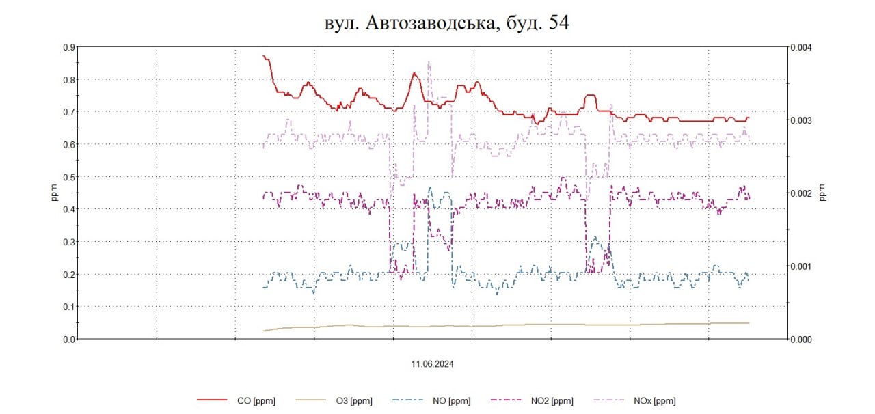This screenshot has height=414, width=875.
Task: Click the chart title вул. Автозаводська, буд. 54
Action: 446,23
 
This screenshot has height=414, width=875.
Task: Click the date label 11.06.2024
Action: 433,364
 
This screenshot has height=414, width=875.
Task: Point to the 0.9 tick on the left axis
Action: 69,47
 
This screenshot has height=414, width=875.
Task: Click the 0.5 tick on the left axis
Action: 69,177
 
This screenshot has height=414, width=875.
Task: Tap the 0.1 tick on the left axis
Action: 69,307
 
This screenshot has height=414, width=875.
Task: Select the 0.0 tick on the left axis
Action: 69,339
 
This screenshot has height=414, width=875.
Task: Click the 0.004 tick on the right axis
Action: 802,47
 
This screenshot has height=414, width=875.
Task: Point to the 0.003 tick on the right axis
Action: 802,120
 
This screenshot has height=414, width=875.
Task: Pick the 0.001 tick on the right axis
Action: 802,266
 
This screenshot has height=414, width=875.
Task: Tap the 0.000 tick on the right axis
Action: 802,339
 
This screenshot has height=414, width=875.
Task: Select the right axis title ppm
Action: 822,193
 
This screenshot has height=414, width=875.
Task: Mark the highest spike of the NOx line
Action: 429,62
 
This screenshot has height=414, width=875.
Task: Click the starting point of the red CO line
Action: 264,56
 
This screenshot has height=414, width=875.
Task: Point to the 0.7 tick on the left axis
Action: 69,112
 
